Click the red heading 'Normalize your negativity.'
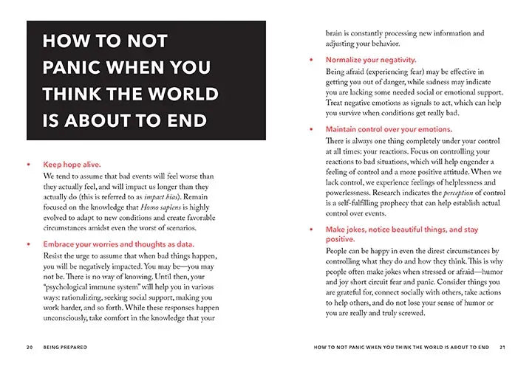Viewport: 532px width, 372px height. pos(371,59)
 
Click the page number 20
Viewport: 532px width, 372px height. pos(29,345)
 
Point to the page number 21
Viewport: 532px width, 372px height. pos(502,345)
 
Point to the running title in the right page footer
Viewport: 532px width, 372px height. pos(398,345)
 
